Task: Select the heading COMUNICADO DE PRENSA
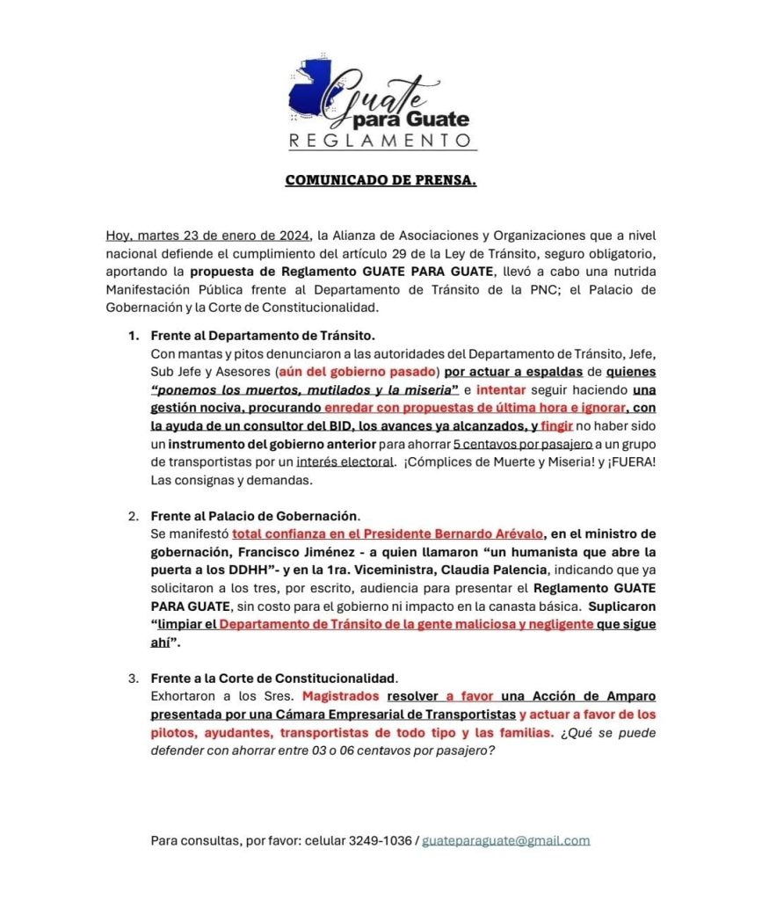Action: pyautogui.click(x=381, y=181)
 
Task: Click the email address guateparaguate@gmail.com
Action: pyautogui.click(x=506, y=840)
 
